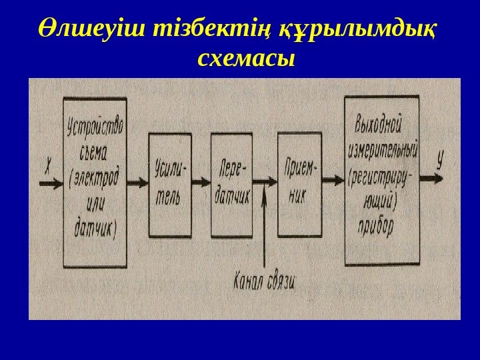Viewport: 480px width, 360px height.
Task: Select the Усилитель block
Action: click(170, 185)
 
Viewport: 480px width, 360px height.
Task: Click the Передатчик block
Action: click(231, 185)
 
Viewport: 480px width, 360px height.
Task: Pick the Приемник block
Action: click(298, 185)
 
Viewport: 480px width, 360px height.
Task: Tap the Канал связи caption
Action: click(265, 279)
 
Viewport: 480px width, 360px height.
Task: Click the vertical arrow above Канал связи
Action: click(265, 227)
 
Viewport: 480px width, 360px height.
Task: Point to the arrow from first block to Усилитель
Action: click(138, 181)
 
